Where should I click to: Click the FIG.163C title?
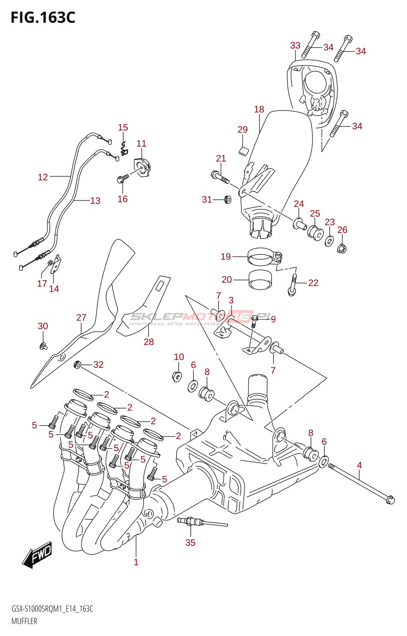pos(43,17)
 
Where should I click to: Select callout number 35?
pos(190,543)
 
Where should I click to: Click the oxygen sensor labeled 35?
pos(191,521)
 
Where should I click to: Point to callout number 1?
pos(136,562)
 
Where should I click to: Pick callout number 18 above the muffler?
pos(259,109)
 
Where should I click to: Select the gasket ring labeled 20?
pos(260,279)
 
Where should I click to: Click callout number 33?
pos(295,46)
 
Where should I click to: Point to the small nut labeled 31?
pos(228,199)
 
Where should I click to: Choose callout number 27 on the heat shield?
pos(81,318)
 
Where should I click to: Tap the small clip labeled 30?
pos(43,346)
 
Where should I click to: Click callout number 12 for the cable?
pos(43,177)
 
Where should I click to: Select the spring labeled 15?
pos(124,148)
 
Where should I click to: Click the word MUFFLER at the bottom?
pos(24,621)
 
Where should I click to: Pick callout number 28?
pos(149,342)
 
